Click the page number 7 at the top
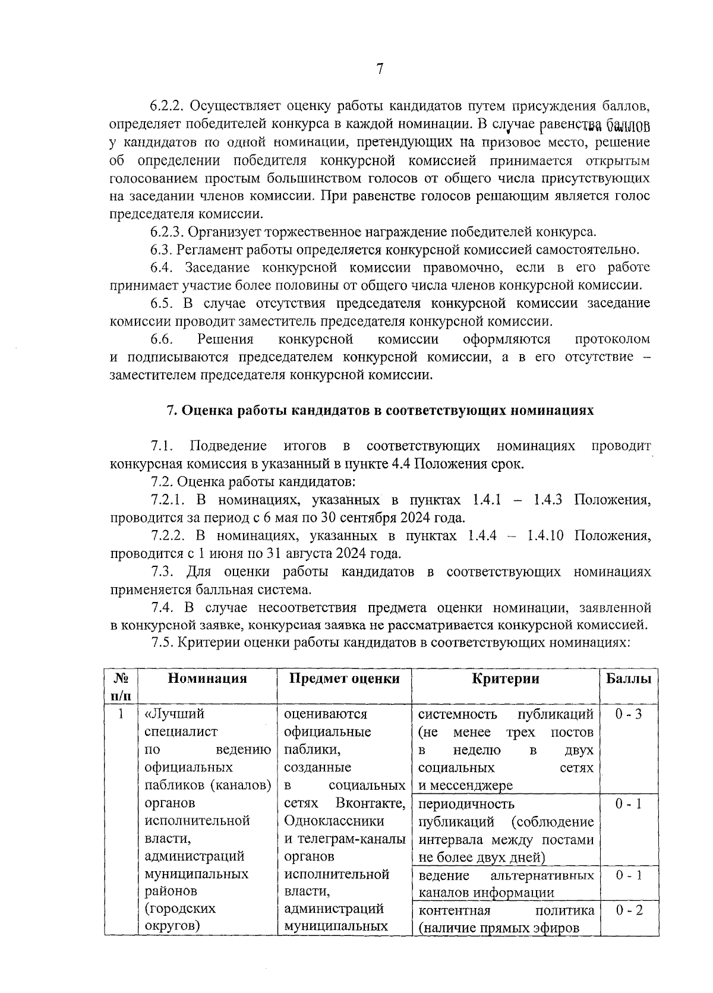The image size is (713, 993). (x=379, y=70)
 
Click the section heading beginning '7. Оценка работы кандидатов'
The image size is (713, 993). (x=379, y=411)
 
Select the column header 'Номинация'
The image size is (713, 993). (x=207, y=679)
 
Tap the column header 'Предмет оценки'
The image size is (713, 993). (x=344, y=679)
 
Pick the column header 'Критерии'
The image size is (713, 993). (x=506, y=679)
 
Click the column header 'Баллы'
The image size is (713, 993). (x=628, y=679)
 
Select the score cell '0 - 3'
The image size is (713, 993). (x=628, y=714)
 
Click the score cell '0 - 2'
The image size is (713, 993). (x=629, y=910)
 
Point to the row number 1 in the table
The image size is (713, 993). (x=121, y=714)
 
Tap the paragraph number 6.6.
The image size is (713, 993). (x=162, y=339)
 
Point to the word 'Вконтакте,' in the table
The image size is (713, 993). (x=370, y=803)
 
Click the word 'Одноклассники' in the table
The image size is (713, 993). (x=334, y=821)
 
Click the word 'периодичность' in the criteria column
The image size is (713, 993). (x=466, y=804)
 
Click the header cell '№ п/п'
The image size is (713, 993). (x=121, y=686)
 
